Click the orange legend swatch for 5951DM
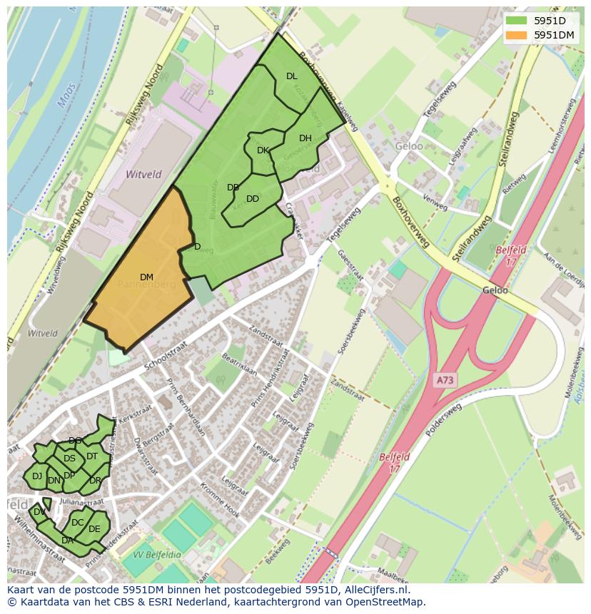click(x=517, y=34)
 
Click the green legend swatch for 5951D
click(x=517, y=20)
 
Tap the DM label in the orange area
click(x=146, y=277)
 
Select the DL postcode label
click(x=291, y=76)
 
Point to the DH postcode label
click(x=305, y=138)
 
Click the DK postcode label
click(x=263, y=150)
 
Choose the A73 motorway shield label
click(x=445, y=381)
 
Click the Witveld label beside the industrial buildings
click(x=143, y=174)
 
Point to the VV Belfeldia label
click(x=157, y=554)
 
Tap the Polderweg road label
click(x=442, y=421)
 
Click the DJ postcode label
click(x=37, y=476)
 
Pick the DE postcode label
click(x=94, y=529)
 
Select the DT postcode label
click(x=92, y=456)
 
